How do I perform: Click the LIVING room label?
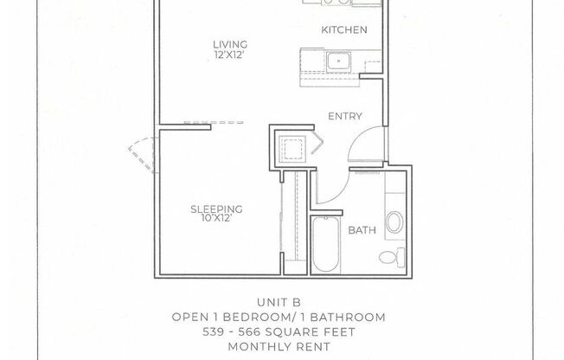[231, 44]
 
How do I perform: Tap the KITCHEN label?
[344, 30]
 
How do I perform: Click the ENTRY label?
[344, 117]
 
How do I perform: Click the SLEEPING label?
[215, 209]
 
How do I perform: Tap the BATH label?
[361, 230]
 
